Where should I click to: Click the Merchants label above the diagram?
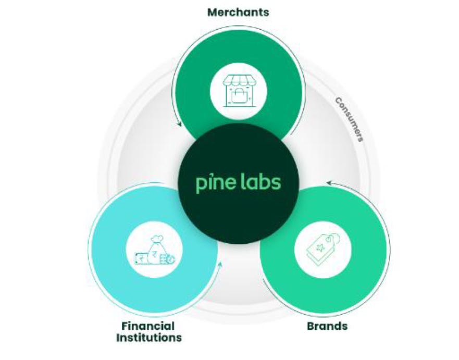pos(238,12)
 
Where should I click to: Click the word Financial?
pos(148,326)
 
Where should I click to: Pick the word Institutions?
pos(148,338)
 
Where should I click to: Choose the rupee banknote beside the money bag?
pos(139,257)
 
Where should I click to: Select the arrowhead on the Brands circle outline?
pos(328,182)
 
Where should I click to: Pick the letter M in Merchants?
pos(212,12)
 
